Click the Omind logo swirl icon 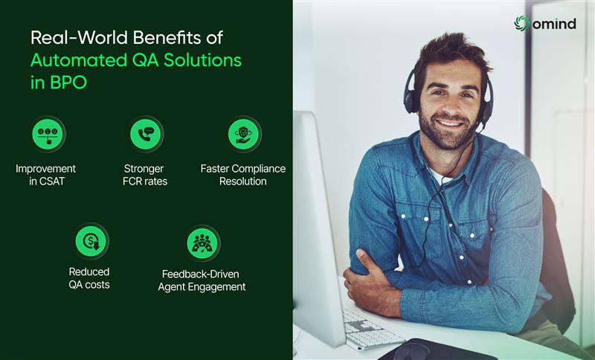pos(522,23)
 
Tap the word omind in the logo pos(554,24)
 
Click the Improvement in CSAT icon pos(48,134)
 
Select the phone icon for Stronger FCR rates pos(146,134)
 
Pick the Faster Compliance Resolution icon pos(244,134)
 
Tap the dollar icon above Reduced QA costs pos(91,242)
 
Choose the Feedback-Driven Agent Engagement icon pos(202,242)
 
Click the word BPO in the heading pos(68,83)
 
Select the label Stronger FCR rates pos(145,175)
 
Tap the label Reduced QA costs pos(89,277)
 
